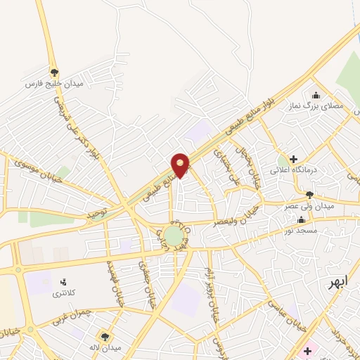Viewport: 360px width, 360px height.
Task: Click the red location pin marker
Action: click(181, 165)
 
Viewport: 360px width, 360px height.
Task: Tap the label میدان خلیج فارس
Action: click(54, 84)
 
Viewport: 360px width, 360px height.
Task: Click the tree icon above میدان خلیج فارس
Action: click(54, 72)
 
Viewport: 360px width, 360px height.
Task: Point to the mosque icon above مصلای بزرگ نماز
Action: click(316, 95)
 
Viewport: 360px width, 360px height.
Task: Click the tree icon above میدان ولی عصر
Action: click(309, 194)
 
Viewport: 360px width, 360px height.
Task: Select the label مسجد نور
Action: click(302, 230)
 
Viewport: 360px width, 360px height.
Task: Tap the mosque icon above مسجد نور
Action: click(302, 219)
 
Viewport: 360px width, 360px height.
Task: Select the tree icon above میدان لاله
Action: click(106, 336)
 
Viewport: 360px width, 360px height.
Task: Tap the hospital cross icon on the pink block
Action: click(307, 350)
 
